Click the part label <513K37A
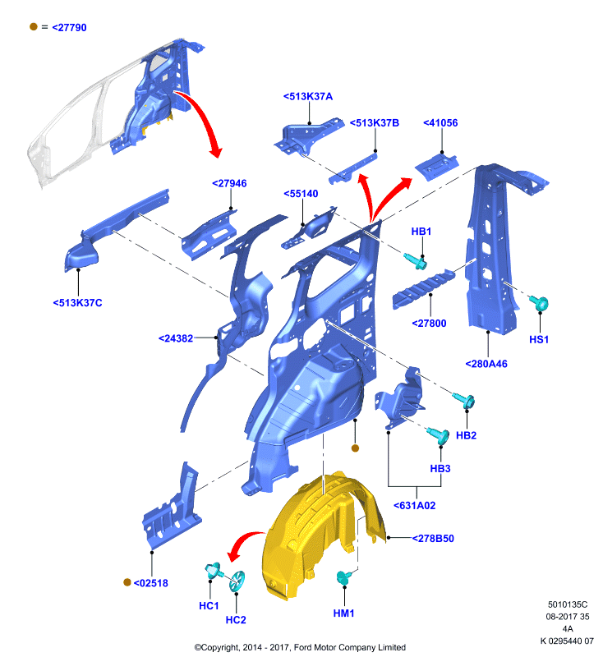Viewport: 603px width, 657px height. [x=308, y=96]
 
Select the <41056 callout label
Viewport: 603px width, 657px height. [x=440, y=122]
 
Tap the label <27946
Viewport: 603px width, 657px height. [x=229, y=183]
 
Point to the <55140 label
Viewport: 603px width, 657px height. [x=301, y=194]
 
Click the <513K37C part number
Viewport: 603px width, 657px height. [x=77, y=303]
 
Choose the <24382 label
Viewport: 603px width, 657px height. [x=176, y=338]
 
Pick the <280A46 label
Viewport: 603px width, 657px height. [x=486, y=364]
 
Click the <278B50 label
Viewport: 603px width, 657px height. [x=433, y=539]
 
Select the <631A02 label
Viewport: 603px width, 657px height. [x=414, y=506]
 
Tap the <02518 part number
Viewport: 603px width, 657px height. [x=151, y=583]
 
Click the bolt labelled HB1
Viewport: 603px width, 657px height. [x=417, y=262]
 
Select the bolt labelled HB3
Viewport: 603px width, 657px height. [x=439, y=436]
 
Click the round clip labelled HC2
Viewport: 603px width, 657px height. [x=237, y=581]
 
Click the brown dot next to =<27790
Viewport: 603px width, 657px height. [x=34, y=27]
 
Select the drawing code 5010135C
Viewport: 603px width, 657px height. [x=568, y=604]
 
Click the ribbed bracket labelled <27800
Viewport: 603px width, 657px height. [x=423, y=289]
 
